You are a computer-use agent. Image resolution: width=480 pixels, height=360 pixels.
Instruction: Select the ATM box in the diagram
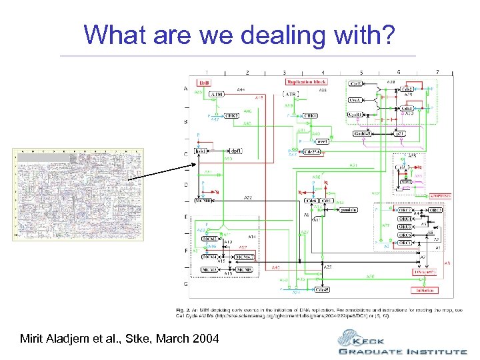217,95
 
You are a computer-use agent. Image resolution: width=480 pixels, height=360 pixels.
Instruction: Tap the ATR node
291,94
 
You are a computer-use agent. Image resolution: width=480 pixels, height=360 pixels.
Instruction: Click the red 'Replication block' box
309,81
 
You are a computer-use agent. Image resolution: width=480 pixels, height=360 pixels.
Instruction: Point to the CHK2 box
232,115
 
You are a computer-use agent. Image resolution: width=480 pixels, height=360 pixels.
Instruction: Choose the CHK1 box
309,115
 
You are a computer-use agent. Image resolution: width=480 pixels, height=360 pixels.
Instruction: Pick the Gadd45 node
365,134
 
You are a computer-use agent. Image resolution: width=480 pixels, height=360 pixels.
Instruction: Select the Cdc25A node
311,152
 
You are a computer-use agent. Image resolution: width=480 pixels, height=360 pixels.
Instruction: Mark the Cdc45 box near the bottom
322,290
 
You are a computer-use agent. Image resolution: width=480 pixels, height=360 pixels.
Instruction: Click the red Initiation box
425,290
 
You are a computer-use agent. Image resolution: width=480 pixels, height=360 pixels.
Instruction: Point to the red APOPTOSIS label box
439,195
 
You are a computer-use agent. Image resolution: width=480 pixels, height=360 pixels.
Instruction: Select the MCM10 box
203,201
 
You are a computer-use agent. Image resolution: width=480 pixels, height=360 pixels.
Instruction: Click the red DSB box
204,82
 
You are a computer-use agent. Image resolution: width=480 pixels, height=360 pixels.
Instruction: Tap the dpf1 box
235,151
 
